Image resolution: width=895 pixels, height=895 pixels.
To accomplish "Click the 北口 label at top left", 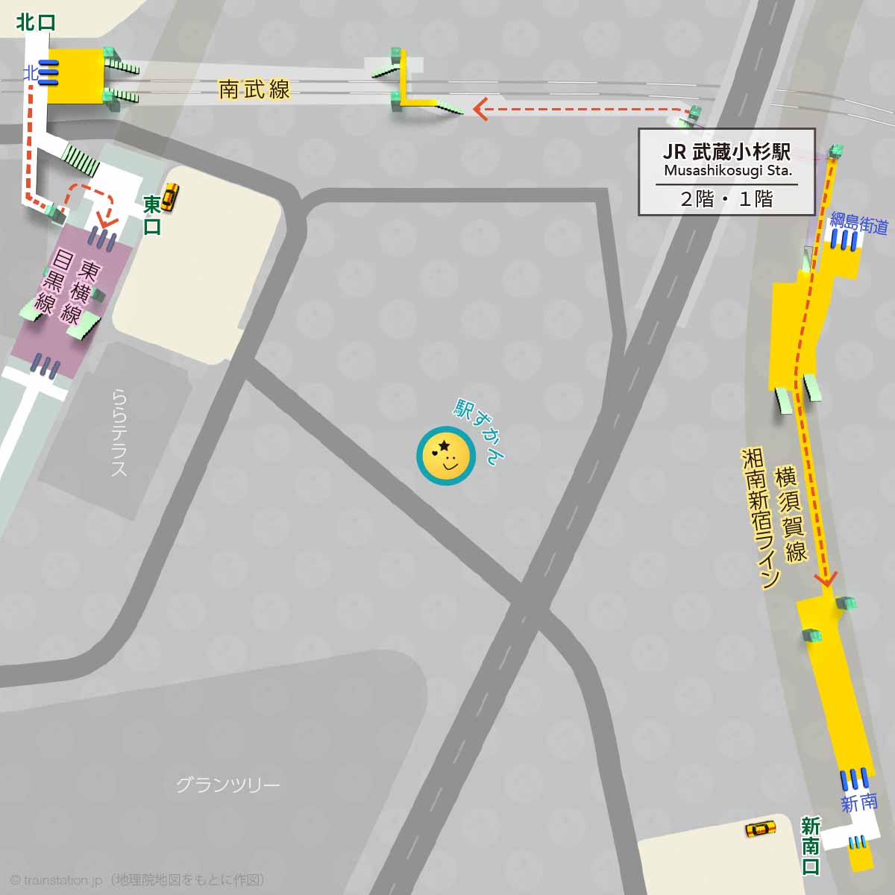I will click(x=36, y=22).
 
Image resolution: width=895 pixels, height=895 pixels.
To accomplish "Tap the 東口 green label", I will click(x=152, y=215).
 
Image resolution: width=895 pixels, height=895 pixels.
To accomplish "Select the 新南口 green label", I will click(x=811, y=846).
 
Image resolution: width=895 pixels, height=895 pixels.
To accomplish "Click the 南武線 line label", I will click(x=254, y=90).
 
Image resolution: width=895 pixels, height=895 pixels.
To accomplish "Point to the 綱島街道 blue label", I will click(x=859, y=222).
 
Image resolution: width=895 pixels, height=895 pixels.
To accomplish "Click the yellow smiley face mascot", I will click(x=446, y=456).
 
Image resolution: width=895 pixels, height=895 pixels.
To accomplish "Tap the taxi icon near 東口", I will click(x=171, y=195).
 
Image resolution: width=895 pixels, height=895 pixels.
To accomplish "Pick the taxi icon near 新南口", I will click(x=761, y=829).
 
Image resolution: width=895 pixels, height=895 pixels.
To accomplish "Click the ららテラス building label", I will click(x=119, y=433).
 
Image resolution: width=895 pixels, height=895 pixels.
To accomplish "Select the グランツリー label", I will click(x=227, y=785).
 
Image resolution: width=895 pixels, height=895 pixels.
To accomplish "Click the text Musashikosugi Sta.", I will click(x=726, y=171).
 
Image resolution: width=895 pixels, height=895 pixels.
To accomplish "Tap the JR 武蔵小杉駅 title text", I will click(x=726, y=151).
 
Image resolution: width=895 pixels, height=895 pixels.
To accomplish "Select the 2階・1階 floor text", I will click(x=726, y=198).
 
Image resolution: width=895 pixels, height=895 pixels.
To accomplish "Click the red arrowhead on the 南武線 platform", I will click(x=480, y=111).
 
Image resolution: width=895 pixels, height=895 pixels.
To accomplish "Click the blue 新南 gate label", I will click(x=859, y=803).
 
